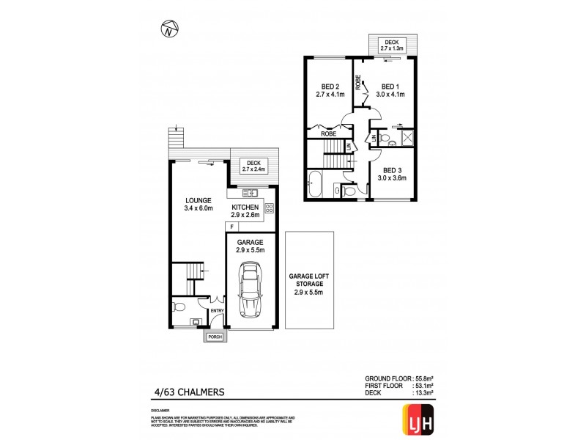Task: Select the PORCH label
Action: (215, 337)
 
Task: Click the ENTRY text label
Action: (216, 311)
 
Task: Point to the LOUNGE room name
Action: (198, 200)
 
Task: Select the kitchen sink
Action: (250, 193)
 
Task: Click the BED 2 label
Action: (327, 86)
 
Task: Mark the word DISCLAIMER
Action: (160, 411)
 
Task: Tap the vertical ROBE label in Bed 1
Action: (359, 81)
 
